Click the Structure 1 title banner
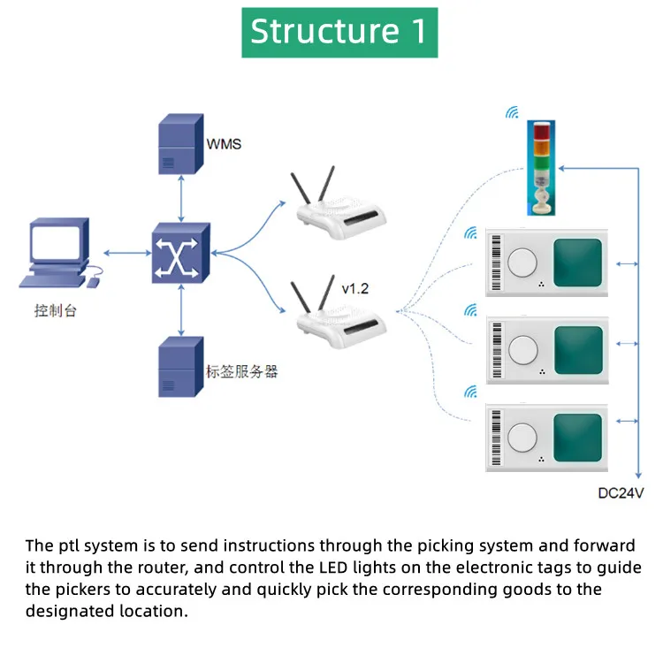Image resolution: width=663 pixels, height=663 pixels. [x=339, y=32]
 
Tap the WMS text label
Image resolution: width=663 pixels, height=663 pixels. [x=224, y=144]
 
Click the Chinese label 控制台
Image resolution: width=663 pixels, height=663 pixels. [x=56, y=311]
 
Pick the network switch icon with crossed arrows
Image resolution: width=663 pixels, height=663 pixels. [x=180, y=253]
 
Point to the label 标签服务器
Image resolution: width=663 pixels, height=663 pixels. [x=241, y=371]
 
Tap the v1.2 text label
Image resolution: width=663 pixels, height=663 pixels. [x=354, y=289]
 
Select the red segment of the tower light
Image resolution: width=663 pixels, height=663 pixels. [x=542, y=131]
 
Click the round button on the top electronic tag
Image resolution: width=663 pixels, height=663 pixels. [x=522, y=263]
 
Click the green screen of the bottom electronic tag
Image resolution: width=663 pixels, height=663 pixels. [x=578, y=438]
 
